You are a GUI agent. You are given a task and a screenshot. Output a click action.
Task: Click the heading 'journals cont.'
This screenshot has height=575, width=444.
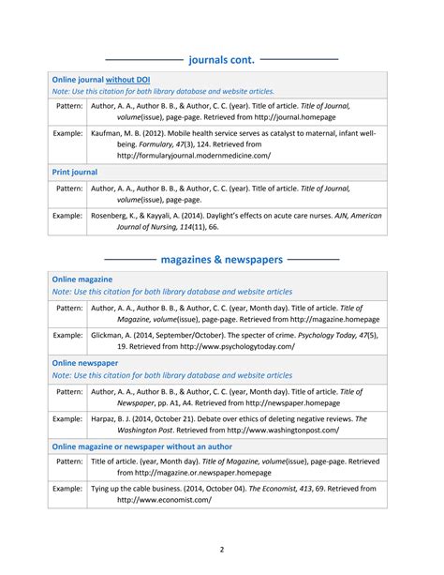[221, 59]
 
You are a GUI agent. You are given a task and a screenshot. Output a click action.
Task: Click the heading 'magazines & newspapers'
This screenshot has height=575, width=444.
[221, 258]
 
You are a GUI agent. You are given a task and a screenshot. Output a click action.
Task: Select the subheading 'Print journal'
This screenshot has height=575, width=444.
[75, 173]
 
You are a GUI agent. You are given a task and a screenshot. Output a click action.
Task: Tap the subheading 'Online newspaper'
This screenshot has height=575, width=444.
[85, 361]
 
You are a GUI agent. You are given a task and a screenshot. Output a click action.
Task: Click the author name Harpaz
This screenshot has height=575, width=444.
[108, 418]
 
